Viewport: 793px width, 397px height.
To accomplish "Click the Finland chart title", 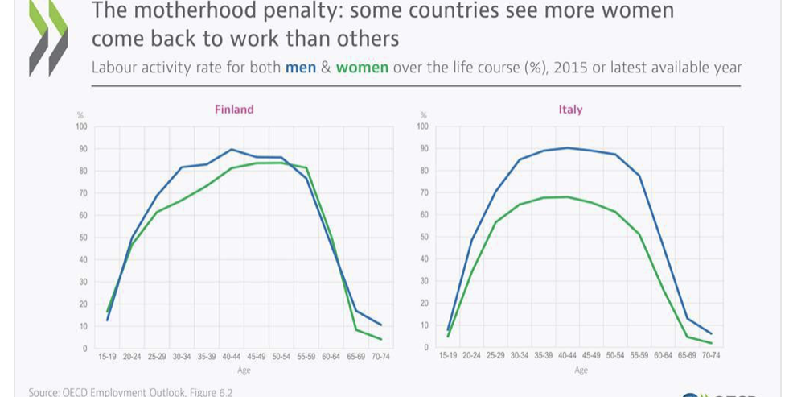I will (x=234, y=110).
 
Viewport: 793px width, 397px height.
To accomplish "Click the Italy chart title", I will (x=570, y=110).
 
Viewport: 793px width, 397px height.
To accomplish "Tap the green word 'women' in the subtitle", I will (x=362, y=68).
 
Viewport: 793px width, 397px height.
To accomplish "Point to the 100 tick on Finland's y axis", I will (x=80, y=126).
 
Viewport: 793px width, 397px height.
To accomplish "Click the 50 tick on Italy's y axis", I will (x=422, y=237).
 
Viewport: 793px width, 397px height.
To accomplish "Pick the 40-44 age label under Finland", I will (x=232, y=355).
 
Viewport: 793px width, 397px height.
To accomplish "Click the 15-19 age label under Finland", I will (x=107, y=355).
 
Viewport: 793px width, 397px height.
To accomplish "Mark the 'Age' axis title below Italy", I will (x=581, y=370).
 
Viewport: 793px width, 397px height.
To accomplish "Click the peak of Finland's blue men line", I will (x=232, y=150).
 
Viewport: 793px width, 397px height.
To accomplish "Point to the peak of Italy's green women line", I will (x=568, y=196).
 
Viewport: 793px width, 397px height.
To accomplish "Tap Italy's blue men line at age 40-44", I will (x=568, y=147).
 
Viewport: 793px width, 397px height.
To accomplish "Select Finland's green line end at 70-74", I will (x=380, y=339).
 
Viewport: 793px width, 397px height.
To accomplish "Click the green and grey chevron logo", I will (x=47, y=36).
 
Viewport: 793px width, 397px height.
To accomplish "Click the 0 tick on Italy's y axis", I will (x=425, y=347).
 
